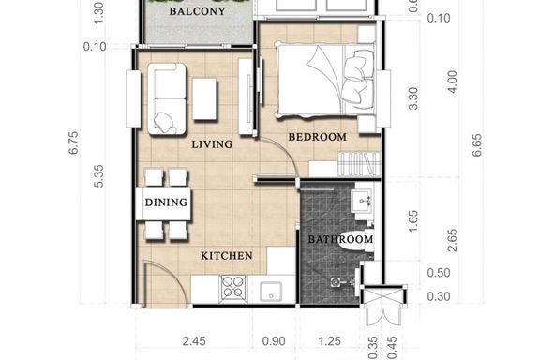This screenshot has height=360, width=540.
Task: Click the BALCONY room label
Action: click(x=197, y=11)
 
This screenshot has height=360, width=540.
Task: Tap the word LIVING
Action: click(x=212, y=144)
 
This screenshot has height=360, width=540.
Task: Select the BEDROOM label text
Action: click(x=317, y=137)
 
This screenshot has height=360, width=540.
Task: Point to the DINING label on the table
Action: click(x=166, y=202)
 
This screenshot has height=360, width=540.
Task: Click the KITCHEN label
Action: click(x=227, y=256)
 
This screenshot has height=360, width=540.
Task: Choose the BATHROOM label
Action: click(x=340, y=239)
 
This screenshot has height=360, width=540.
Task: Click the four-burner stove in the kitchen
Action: click(x=233, y=287)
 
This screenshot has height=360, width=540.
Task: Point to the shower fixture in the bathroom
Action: click(x=343, y=282)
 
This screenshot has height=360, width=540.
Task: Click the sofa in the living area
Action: click(x=167, y=98)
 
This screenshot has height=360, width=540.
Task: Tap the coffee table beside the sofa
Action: click(x=204, y=99)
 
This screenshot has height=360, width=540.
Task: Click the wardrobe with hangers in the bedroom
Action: click(x=358, y=164)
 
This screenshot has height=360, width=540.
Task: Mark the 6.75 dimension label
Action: click(x=74, y=142)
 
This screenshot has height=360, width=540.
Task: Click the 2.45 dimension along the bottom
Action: click(x=194, y=341)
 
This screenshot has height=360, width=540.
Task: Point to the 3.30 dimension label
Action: click(x=413, y=98)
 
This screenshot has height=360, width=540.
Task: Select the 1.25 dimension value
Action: click(x=330, y=341)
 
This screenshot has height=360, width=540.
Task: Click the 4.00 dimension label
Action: click(x=453, y=82)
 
